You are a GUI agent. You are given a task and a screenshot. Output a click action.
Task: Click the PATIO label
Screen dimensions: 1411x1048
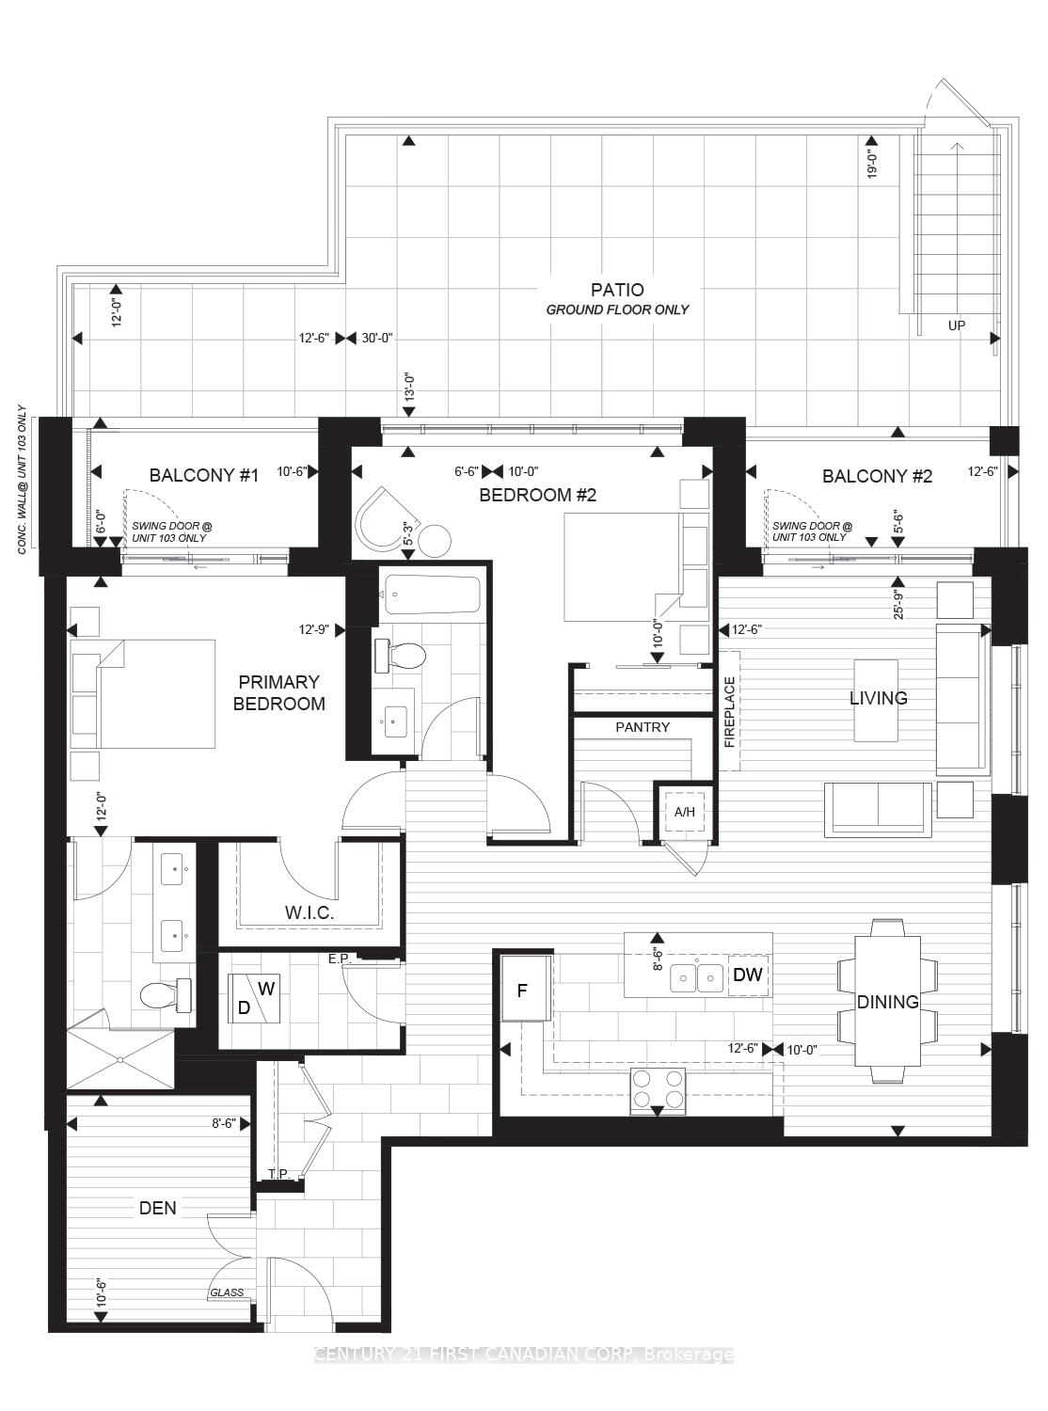click(617, 290)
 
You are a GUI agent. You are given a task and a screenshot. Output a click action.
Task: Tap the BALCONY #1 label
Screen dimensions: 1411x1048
click(203, 475)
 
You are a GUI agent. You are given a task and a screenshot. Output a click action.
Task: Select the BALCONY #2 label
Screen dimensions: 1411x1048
click(877, 476)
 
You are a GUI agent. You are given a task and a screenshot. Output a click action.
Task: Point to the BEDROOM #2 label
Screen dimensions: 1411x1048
click(537, 495)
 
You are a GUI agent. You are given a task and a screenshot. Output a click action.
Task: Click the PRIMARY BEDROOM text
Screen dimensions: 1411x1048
click(279, 692)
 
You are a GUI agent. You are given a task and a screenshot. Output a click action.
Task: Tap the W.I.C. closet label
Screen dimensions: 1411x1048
click(310, 912)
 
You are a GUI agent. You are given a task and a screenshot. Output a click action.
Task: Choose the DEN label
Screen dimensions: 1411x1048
click(157, 1208)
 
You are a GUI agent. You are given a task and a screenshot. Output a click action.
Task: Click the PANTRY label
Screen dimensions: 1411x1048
click(643, 727)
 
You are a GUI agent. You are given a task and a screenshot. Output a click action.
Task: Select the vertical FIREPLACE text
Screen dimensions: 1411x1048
click(730, 712)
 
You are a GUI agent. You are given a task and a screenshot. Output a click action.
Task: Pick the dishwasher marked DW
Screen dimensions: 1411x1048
click(748, 975)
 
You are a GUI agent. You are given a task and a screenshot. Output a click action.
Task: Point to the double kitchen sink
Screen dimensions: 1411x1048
click(697, 978)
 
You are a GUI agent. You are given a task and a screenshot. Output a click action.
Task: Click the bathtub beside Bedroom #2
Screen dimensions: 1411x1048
click(432, 595)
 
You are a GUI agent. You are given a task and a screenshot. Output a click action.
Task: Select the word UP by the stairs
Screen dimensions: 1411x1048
click(956, 325)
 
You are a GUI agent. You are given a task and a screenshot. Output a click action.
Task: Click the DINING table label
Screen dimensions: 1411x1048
click(887, 1002)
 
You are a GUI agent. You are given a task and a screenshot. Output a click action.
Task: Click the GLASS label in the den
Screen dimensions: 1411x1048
click(227, 1292)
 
